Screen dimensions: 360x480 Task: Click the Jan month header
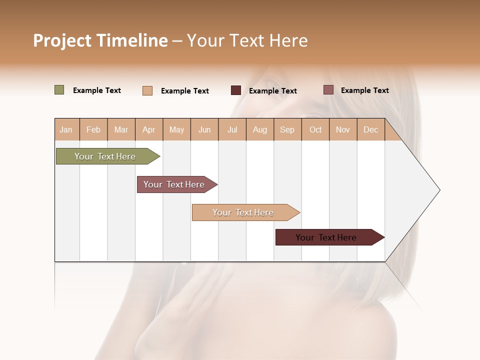pos(66,129)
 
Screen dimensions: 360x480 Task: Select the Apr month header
pos(148,129)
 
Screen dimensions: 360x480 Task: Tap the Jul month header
pos(232,129)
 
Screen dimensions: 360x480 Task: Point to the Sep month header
pos(287,129)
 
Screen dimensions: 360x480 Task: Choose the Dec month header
pos(370,129)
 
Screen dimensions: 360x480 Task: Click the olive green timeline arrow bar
pos(105,156)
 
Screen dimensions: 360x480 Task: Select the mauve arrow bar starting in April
pos(174,184)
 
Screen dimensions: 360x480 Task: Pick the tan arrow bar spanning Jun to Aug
pos(243,212)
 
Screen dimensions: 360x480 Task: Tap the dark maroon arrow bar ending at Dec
pos(326,237)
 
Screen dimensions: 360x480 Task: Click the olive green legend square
pos(59,90)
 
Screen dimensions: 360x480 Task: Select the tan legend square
pos(147,90)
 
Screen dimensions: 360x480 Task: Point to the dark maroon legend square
pos(236,90)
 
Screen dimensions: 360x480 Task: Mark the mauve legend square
pos(328,90)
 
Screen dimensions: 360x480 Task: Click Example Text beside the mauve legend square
pos(364,90)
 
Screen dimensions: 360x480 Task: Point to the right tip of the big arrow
pos(439,190)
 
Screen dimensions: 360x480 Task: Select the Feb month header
pos(93,129)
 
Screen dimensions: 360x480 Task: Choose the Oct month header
pos(315,129)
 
